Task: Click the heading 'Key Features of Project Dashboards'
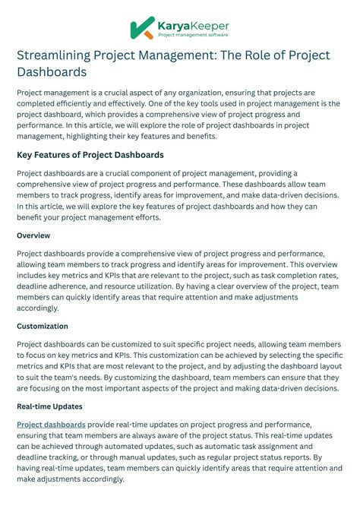(x=90, y=155)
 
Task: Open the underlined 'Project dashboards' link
(x=51, y=425)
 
